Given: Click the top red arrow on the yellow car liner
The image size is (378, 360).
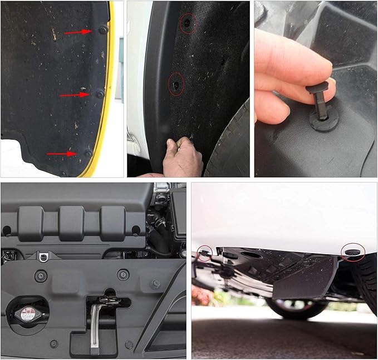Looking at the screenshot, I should pyautogui.click(x=77, y=32).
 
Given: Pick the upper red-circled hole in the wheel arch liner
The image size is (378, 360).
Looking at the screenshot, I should pyautogui.click(x=188, y=21).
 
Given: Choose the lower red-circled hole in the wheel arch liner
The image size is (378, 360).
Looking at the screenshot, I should pyautogui.click(x=176, y=85).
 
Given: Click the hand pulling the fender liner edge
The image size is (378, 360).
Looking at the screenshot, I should pyautogui.click(x=183, y=158).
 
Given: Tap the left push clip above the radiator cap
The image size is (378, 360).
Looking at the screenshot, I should pyautogui.click(x=41, y=275).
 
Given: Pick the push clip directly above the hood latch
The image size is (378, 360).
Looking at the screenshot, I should pyautogui.click(x=122, y=274).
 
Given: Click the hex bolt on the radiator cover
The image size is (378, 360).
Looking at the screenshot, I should pyautogui.click(x=156, y=284).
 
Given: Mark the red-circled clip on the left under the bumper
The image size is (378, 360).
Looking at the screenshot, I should pyautogui.click(x=204, y=253).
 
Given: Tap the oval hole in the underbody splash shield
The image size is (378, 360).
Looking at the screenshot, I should pyautogui.click(x=252, y=255).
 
